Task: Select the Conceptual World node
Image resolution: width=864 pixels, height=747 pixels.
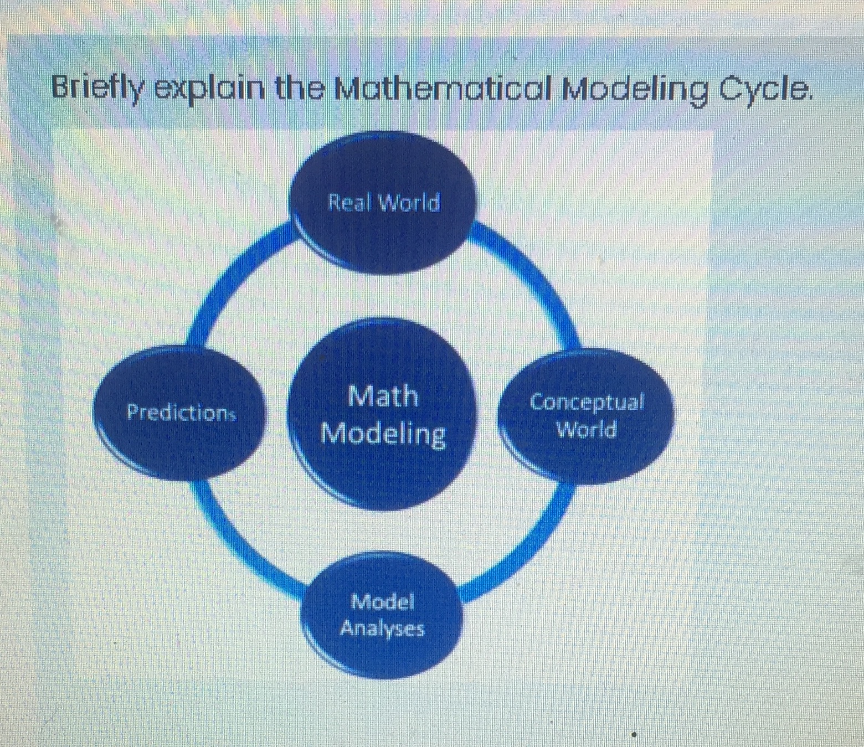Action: point(585,416)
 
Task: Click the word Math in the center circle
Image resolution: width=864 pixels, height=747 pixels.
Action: point(383,396)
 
